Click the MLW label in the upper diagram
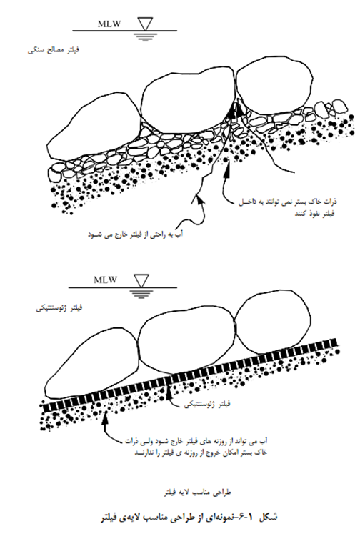click(x=109, y=24)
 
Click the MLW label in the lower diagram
click(x=106, y=280)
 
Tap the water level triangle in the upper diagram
click(x=145, y=24)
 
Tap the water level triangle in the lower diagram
click(x=141, y=281)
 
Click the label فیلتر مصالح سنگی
click(x=54, y=51)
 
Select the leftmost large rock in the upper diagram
click(x=94, y=127)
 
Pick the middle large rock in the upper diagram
click(x=187, y=102)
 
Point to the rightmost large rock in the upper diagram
click(x=274, y=89)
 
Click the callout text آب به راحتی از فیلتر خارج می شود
click(x=136, y=234)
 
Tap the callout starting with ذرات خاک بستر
click(x=288, y=207)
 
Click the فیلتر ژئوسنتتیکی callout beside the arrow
click(x=207, y=404)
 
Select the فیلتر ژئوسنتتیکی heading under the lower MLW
click(x=59, y=308)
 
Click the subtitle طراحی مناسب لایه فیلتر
click(x=198, y=493)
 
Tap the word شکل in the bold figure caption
click(x=268, y=517)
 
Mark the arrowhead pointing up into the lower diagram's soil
click(x=106, y=418)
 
